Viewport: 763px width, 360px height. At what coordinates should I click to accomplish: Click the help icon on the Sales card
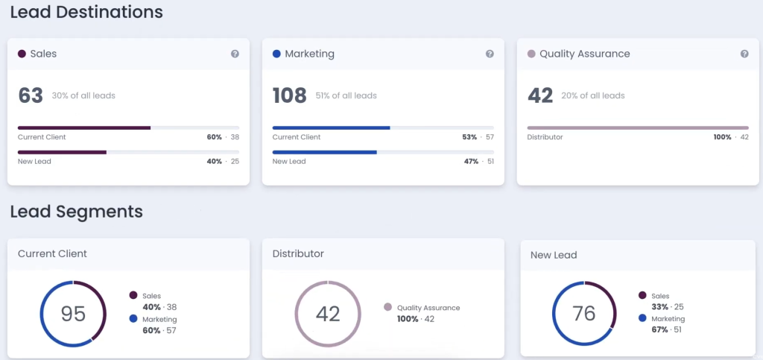pyautogui.click(x=235, y=54)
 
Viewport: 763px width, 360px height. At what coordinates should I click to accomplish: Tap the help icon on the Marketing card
pyautogui.click(x=490, y=54)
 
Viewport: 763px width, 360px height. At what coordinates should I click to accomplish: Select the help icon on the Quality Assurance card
pyautogui.click(x=744, y=54)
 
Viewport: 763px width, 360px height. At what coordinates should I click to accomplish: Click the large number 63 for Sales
pyautogui.click(x=31, y=95)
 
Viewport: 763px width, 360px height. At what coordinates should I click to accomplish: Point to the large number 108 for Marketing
pyautogui.click(x=290, y=95)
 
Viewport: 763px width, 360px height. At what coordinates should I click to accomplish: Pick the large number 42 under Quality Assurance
pyautogui.click(x=540, y=95)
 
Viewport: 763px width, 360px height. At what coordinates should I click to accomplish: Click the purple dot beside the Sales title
pyautogui.click(x=22, y=54)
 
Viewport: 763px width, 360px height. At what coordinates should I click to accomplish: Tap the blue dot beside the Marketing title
pyautogui.click(x=276, y=54)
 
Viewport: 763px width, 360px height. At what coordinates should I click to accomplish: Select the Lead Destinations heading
pyautogui.click(x=86, y=12)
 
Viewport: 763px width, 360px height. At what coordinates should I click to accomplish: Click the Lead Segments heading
pyautogui.click(x=77, y=212)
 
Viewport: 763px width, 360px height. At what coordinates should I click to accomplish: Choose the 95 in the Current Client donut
pyautogui.click(x=73, y=314)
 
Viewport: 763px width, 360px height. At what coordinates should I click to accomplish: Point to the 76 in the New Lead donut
pyautogui.click(x=584, y=314)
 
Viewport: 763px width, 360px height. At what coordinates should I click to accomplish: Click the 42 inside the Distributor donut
pyautogui.click(x=328, y=314)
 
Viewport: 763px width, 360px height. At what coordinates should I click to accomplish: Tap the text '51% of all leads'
pyautogui.click(x=347, y=96)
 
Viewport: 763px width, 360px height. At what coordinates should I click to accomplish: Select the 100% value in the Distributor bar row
pyautogui.click(x=723, y=137)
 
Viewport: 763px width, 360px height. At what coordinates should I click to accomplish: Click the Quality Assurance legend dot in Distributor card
pyautogui.click(x=387, y=307)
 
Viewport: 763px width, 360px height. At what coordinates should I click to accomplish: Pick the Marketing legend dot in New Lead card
pyautogui.click(x=642, y=318)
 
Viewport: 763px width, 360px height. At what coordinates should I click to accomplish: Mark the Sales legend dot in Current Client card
pyautogui.click(x=133, y=295)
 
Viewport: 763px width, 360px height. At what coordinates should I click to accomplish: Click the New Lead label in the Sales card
pyautogui.click(x=34, y=162)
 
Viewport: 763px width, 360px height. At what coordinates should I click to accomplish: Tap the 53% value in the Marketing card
pyautogui.click(x=469, y=137)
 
